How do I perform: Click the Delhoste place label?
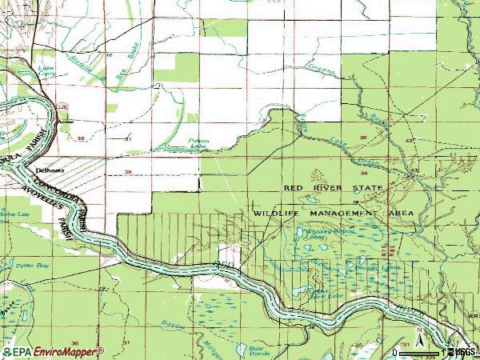(x=49, y=170)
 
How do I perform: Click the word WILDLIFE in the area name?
(x=276, y=214)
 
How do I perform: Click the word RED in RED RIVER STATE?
(x=296, y=187)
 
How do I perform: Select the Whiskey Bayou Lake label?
(x=314, y=234)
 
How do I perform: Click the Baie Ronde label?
(x=255, y=350)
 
